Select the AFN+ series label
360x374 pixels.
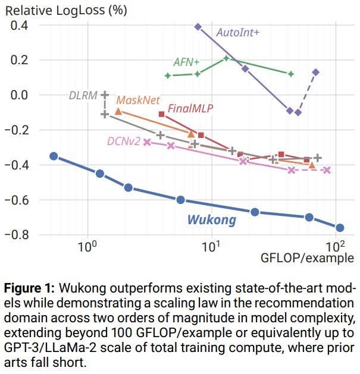pyautogui.click(x=186, y=62)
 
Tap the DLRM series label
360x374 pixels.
pyautogui.click(x=83, y=95)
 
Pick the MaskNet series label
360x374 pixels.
pyautogui.click(x=136, y=100)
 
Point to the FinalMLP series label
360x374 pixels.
pyautogui.click(x=190, y=108)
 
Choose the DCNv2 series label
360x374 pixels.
pyautogui.click(x=123, y=141)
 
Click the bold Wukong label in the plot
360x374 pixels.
pyautogui.click(x=211, y=220)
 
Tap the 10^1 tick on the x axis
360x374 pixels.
pyautogui.click(x=212, y=245)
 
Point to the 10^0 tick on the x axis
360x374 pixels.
pyautogui.click(x=88, y=245)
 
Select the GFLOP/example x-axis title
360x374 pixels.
pyautogui.click(x=307, y=258)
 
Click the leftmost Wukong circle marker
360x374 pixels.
pyautogui.click(x=54, y=156)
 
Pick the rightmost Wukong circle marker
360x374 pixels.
pyautogui.click(x=340, y=227)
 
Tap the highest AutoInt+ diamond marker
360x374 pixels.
pyautogui.click(x=198, y=27)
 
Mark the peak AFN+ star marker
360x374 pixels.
pyautogui.click(x=226, y=58)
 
